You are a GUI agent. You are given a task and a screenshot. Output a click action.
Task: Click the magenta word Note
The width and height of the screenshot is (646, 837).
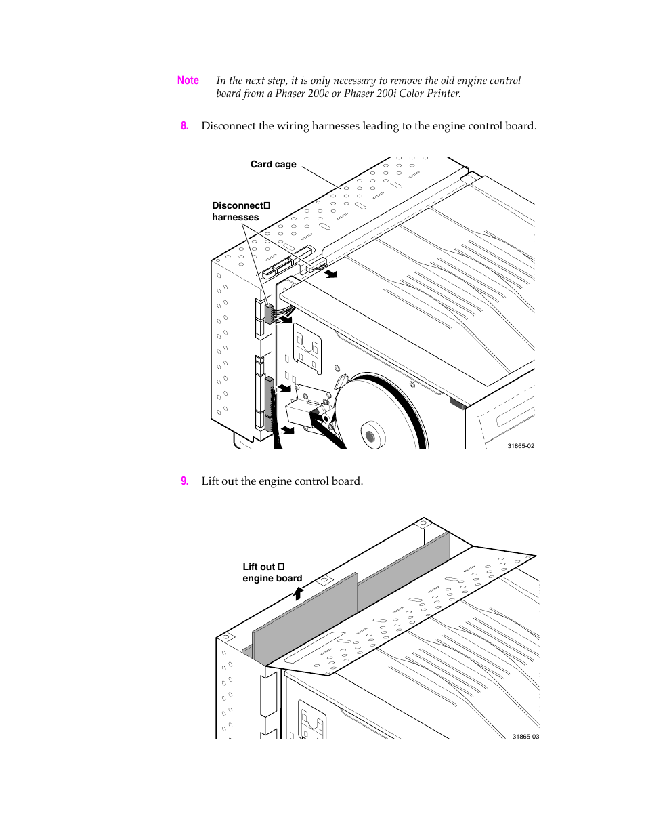(x=188, y=81)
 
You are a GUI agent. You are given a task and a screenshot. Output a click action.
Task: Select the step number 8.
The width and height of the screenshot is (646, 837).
(x=184, y=126)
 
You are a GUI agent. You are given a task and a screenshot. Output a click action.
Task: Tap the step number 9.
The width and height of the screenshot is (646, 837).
(x=184, y=481)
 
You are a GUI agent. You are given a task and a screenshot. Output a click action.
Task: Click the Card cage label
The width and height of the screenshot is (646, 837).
(x=273, y=164)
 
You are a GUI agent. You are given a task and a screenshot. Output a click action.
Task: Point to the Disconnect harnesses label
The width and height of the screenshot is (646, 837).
(x=240, y=211)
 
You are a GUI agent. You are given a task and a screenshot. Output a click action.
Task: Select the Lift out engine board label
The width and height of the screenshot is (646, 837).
(x=272, y=573)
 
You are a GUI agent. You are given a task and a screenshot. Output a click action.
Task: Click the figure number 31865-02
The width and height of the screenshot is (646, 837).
(x=520, y=446)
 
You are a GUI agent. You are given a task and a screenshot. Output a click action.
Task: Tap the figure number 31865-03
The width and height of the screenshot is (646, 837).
(x=525, y=737)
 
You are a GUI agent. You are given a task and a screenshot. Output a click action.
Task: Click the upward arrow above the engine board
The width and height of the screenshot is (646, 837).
(x=298, y=593)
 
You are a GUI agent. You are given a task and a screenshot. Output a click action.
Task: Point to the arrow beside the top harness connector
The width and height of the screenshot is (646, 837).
(x=330, y=274)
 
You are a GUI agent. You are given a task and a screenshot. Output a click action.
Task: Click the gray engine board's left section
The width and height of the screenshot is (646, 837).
(x=305, y=617)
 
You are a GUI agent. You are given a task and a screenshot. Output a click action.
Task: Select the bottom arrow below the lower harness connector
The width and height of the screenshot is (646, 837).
(x=288, y=430)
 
